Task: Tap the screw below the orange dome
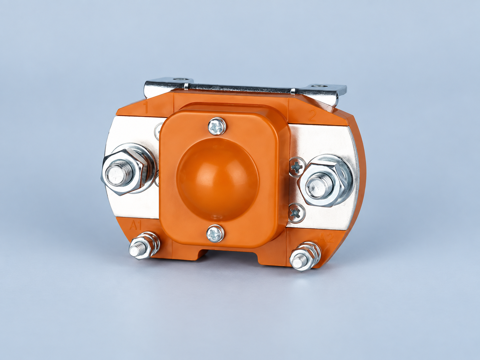[215, 234]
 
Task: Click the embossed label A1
[136, 225]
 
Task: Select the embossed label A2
[327, 237]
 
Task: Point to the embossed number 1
[146, 108]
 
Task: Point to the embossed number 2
[312, 115]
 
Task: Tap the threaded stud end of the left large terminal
[117, 174]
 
